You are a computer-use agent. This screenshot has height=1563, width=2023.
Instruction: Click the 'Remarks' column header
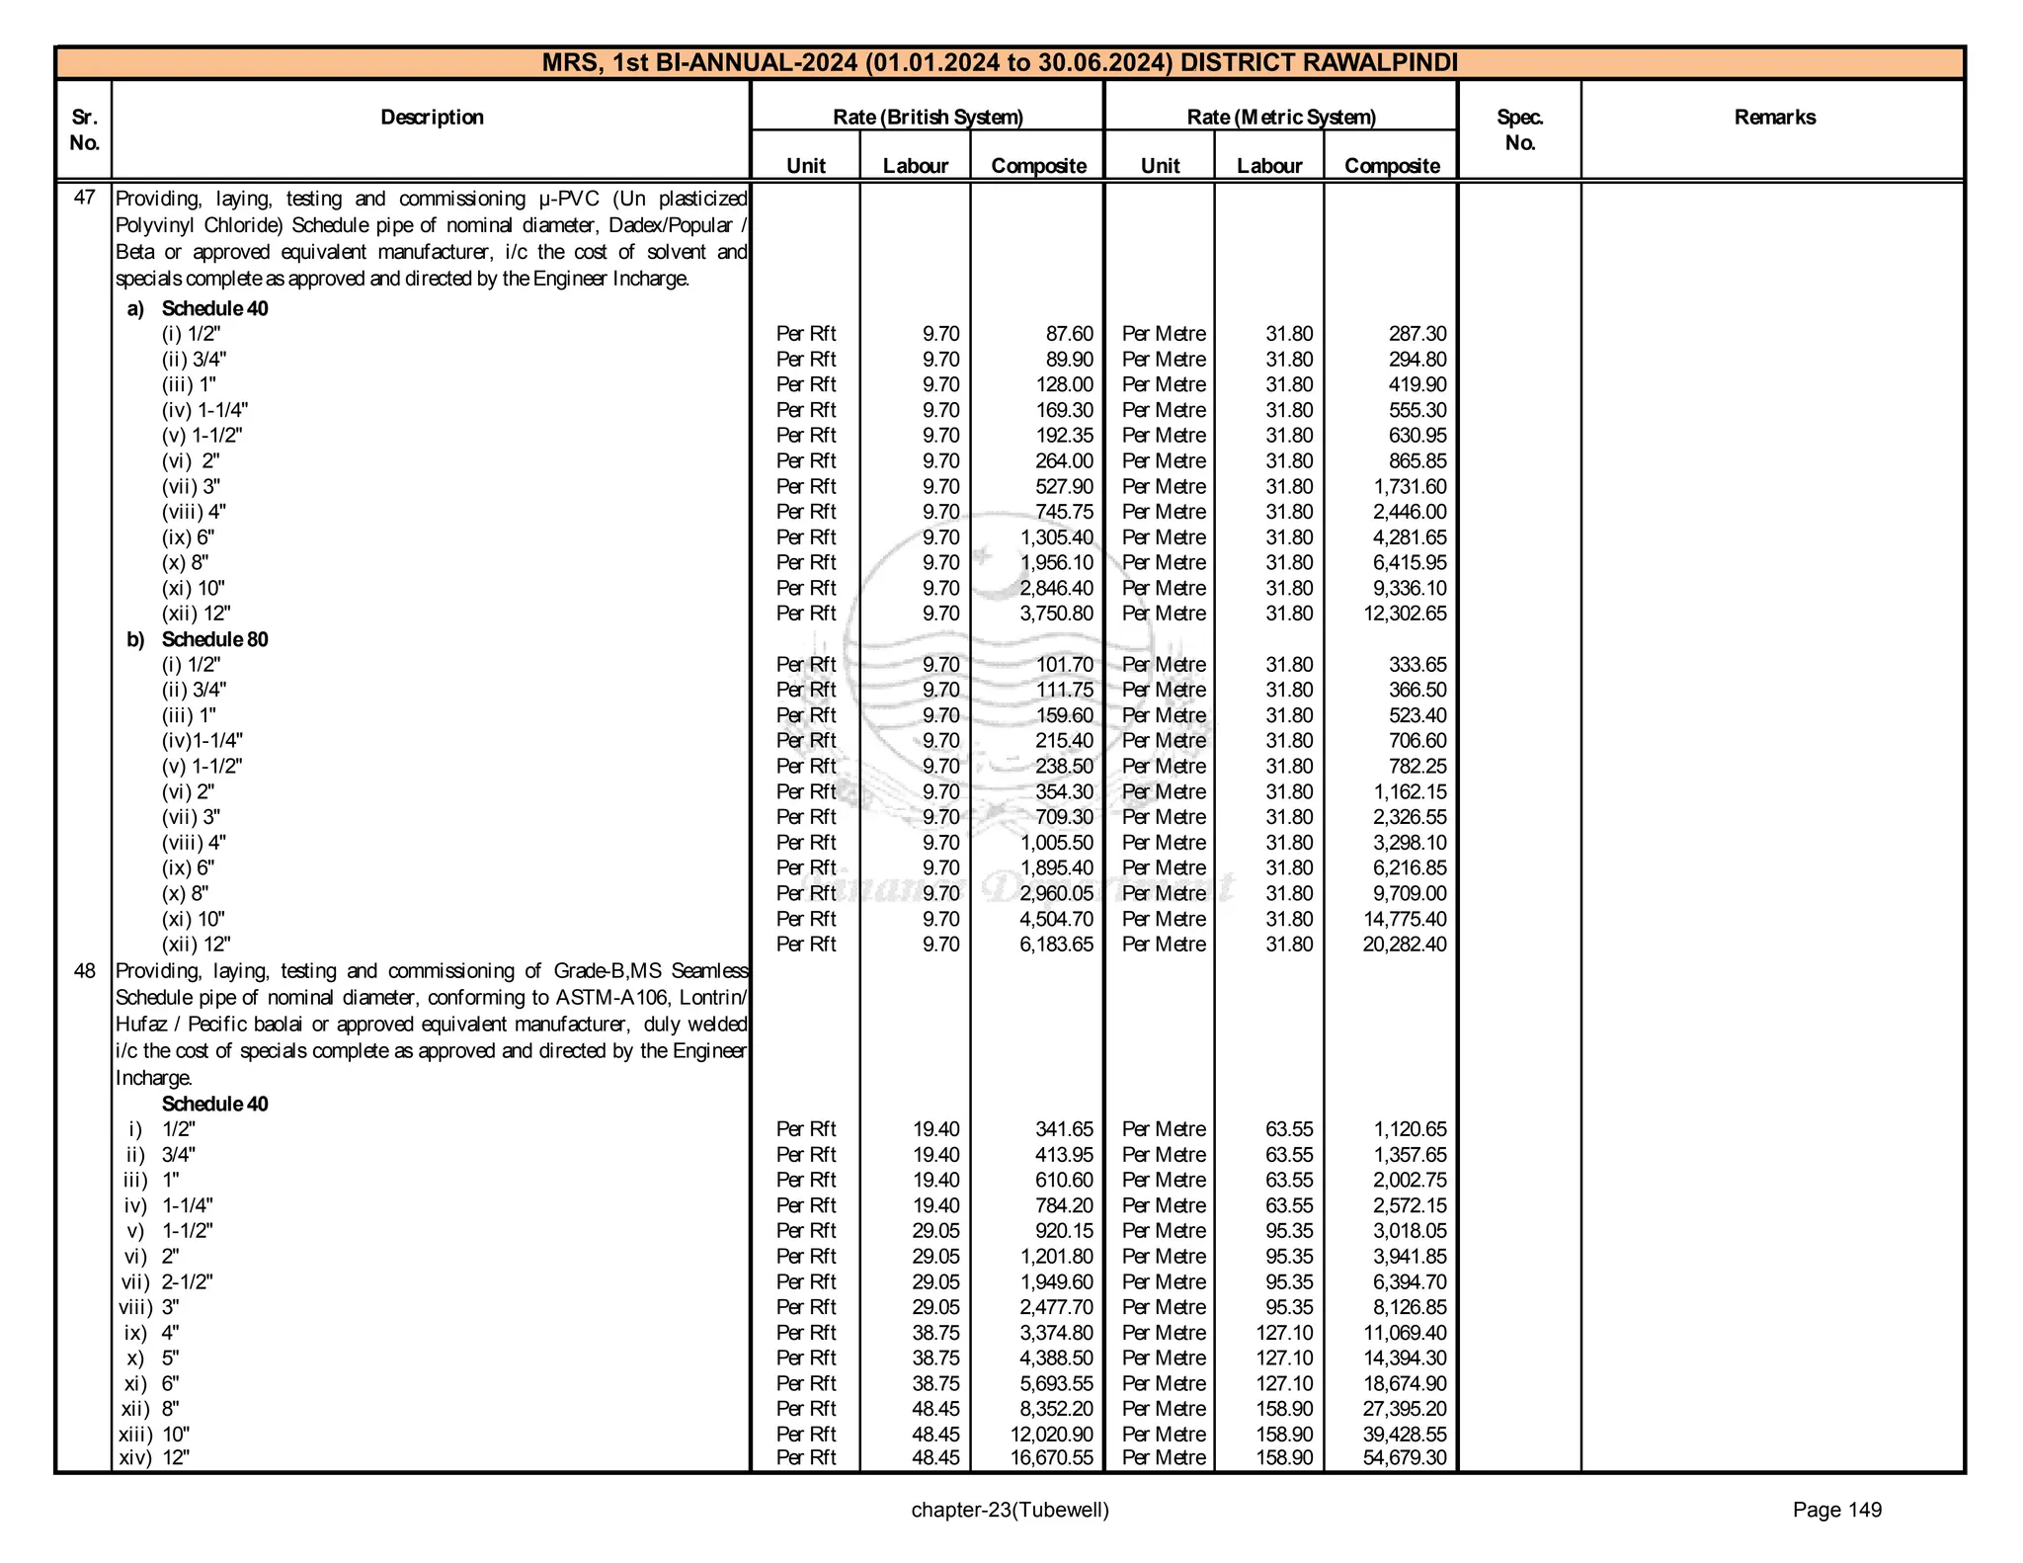pyautogui.click(x=1774, y=118)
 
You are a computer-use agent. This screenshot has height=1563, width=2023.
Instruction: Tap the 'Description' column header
pyautogui.click(x=432, y=118)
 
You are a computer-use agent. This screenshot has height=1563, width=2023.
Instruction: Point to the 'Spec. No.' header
pyautogui.click(x=1519, y=129)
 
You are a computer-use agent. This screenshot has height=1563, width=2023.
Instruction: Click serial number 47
pyautogui.click(x=85, y=198)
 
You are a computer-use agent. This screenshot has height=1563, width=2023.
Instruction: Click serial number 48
pyautogui.click(x=85, y=971)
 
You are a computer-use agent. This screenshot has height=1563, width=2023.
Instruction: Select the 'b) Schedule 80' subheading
pyautogui.click(x=198, y=639)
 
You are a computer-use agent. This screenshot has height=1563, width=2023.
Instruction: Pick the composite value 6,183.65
pyautogui.click(x=1057, y=945)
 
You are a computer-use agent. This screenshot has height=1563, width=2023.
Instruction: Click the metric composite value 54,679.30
pyautogui.click(x=1405, y=1458)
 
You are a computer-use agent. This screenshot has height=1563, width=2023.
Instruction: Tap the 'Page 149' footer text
pyautogui.click(x=1837, y=1510)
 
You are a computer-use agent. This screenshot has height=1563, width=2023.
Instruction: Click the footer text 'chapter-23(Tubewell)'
pyautogui.click(x=1010, y=1510)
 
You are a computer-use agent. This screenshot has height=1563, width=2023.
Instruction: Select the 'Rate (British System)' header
pyautogui.click(x=928, y=118)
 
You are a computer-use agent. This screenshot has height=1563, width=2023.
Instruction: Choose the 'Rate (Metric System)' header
pyautogui.click(x=1281, y=118)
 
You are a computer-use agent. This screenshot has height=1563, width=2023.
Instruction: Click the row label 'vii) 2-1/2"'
pyautogui.click(x=166, y=1281)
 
